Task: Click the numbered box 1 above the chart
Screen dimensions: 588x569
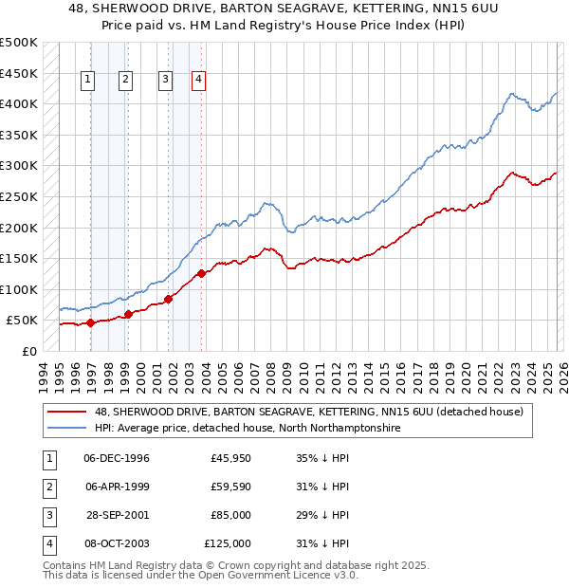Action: pos(88,81)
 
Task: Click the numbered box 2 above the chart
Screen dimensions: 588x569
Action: pos(125,81)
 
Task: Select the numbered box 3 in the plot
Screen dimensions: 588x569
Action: pos(165,81)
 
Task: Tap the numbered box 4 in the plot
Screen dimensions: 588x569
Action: pos(199,81)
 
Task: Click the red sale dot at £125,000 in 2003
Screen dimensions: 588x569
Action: pos(201,274)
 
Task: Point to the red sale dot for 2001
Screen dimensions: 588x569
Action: pos(168,299)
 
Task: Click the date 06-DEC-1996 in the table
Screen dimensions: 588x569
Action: pos(117,459)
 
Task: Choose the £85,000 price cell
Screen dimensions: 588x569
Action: pos(230,516)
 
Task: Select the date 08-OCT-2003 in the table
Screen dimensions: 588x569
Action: pos(117,544)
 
